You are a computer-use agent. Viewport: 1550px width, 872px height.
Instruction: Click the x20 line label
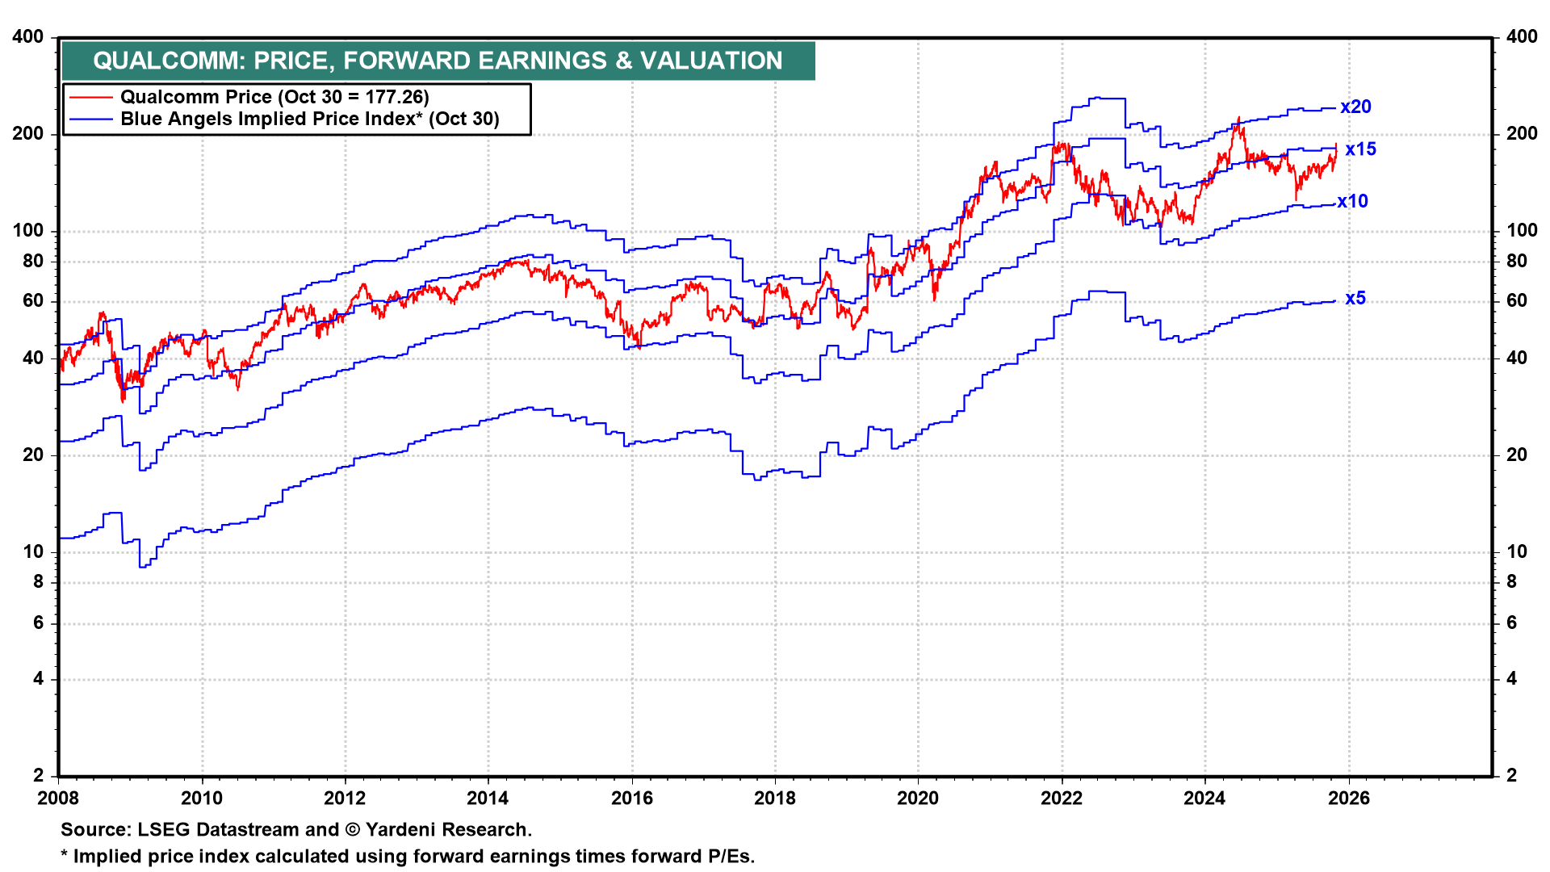1355,107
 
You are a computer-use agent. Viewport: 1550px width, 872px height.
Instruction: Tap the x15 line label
1360,149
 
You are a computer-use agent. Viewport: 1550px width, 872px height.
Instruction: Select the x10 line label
1352,201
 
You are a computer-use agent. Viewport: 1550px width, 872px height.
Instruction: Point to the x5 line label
1355,298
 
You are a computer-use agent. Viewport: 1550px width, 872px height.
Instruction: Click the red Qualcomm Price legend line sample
90,97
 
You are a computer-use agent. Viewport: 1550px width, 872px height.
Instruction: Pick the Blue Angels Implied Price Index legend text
310,119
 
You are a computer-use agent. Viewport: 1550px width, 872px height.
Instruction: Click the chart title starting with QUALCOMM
438,61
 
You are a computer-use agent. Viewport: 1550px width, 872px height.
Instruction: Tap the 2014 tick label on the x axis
488,799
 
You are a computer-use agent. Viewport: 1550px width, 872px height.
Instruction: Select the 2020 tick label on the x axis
918,799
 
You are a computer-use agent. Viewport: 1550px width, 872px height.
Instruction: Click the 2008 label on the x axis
58,799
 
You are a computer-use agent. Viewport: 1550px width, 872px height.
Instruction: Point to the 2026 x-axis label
1348,799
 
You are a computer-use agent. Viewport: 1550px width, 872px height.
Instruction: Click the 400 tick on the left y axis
28,36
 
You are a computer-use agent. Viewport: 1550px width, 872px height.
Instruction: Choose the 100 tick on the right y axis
1522,230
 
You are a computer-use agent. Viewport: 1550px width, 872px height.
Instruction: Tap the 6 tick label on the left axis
38,623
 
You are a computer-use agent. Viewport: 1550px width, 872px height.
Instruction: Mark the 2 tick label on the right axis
1512,775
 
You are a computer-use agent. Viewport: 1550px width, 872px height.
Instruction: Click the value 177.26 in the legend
394,97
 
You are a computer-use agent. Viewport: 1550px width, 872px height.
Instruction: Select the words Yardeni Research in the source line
446,829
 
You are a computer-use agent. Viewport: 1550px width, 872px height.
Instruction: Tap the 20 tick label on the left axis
33,455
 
